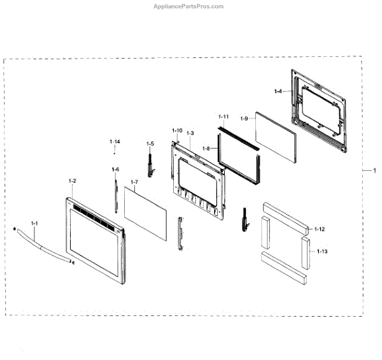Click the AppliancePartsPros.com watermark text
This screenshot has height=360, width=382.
pos(189,6)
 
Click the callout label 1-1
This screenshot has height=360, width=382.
pos(35,223)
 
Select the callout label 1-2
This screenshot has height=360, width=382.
pos(72,181)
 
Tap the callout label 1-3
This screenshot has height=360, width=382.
pos(190,132)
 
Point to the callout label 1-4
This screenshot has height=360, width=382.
pos(278,92)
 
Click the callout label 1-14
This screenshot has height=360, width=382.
pos(115,140)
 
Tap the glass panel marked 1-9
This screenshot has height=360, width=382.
pos(277,140)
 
